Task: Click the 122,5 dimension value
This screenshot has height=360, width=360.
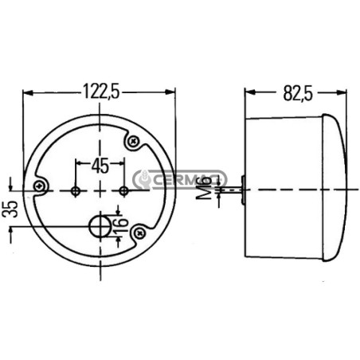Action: point(102,92)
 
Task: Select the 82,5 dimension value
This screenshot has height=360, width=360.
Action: point(298,93)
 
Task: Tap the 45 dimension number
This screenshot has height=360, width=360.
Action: point(100,166)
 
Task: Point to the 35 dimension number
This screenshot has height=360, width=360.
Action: point(11,209)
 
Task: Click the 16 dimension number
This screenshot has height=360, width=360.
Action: point(122,225)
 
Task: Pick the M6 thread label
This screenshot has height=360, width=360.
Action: point(205,188)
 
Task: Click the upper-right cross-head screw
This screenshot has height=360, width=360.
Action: point(132,141)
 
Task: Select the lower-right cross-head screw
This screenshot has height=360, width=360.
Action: point(139,233)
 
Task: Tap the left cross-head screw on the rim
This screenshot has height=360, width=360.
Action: point(40,186)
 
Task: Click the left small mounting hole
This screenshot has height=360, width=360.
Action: point(76,190)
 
